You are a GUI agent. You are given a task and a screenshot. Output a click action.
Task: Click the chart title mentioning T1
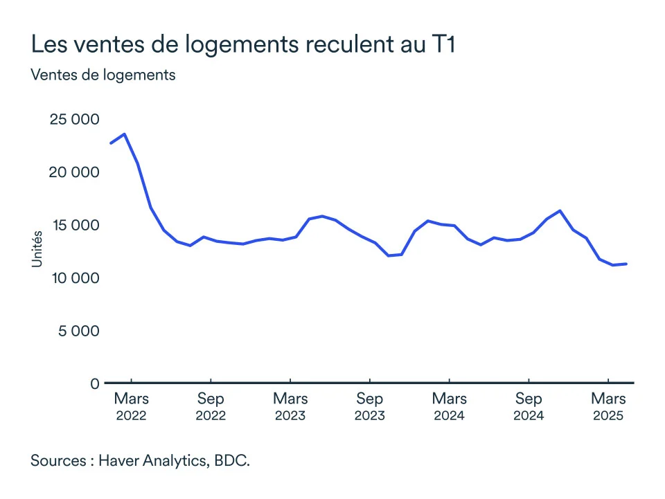click(x=242, y=45)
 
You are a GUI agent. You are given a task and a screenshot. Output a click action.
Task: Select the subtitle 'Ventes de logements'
click(x=103, y=75)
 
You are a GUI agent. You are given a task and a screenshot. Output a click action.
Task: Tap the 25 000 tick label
click(x=74, y=119)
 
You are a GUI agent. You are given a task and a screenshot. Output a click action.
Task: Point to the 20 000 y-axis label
click(x=74, y=172)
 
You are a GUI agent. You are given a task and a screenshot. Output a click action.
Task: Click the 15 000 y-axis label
click(x=74, y=225)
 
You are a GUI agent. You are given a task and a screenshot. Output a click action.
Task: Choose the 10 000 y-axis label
click(x=74, y=278)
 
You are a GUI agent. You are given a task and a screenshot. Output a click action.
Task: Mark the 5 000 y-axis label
click(x=79, y=330)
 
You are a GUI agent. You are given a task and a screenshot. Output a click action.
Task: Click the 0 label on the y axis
click(x=95, y=383)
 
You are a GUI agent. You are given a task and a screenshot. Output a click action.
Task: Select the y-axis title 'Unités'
click(x=37, y=250)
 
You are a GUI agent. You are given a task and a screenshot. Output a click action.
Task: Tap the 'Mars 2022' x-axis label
click(x=131, y=407)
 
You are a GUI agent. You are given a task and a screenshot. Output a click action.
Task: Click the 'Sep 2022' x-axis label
click(x=211, y=407)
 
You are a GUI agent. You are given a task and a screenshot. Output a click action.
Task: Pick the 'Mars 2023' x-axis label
click(x=290, y=407)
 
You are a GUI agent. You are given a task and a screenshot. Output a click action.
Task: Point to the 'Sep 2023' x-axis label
click(x=370, y=407)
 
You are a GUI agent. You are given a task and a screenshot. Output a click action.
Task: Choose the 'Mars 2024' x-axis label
click(x=450, y=407)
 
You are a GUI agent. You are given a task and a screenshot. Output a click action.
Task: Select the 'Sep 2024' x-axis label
click(x=529, y=407)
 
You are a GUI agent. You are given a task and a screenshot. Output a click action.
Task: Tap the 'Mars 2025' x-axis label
click(x=608, y=407)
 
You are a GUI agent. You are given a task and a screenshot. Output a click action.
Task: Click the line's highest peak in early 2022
click(x=124, y=134)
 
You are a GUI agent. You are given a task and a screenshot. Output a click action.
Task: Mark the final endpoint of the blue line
click(x=626, y=264)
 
